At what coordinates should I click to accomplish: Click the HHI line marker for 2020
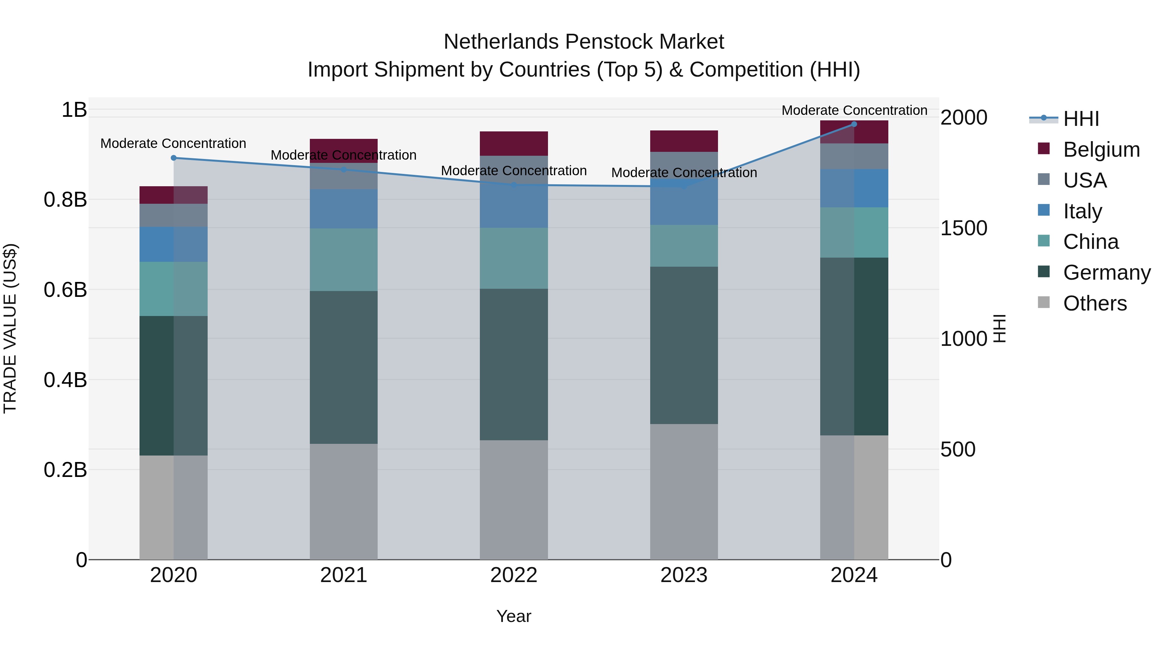[174, 158]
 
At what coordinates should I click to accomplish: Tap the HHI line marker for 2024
[854, 124]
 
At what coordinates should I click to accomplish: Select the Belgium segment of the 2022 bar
[514, 143]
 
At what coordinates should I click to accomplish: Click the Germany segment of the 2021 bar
[343, 367]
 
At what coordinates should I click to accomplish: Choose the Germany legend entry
[1106, 273]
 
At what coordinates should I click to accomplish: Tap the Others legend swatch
[1044, 302]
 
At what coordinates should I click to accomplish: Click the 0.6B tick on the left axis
[65, 290]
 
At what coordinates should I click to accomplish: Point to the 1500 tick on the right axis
[964, 228]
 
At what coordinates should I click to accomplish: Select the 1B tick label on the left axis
[74, 110]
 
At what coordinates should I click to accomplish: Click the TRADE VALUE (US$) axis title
[10, 328]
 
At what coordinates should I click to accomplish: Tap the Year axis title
[514, 616]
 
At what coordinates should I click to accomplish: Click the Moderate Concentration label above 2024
[854, 110]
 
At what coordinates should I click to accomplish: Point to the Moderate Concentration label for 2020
[173, 143]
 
